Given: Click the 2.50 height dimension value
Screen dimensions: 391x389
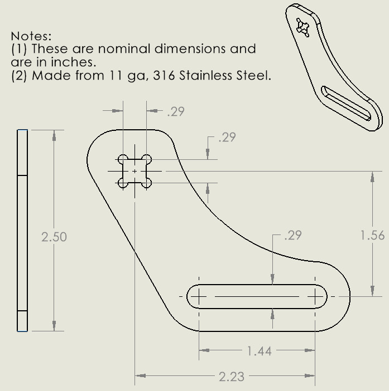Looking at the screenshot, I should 54,237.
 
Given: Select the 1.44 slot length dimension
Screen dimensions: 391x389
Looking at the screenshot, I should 259,351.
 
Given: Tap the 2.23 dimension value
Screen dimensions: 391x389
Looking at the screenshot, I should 231,377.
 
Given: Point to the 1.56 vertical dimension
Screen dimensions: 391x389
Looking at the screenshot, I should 373,236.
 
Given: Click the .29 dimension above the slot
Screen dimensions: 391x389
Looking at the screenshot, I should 292,236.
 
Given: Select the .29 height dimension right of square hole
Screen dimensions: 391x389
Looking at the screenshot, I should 227,137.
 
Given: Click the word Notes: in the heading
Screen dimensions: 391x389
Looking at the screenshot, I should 31,36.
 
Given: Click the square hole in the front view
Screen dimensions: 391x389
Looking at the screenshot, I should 135,170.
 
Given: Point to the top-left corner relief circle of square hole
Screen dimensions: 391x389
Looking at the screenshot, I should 123,159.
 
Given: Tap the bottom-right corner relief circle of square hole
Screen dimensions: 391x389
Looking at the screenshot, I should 146,182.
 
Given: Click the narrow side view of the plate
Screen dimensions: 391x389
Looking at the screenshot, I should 22,230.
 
